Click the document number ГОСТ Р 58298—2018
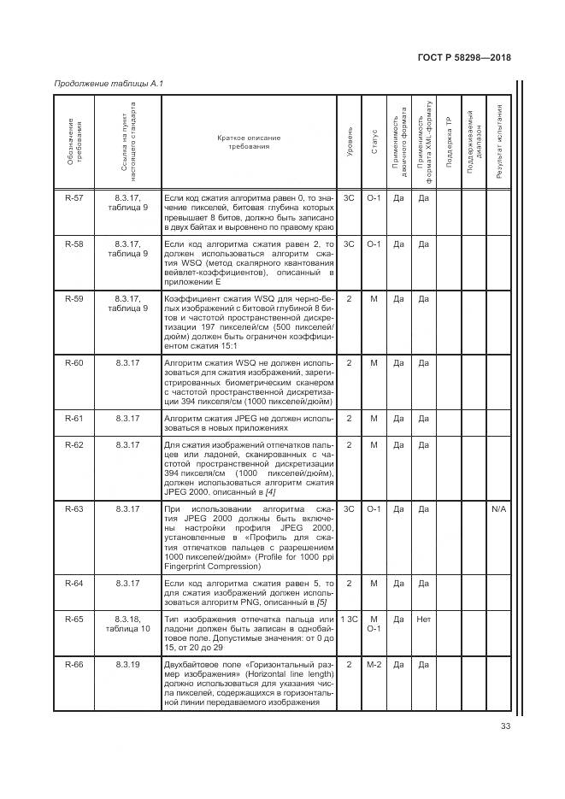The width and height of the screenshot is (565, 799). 464,58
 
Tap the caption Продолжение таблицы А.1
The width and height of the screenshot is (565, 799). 108,84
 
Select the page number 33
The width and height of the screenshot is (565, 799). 504,728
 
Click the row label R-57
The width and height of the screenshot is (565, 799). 74,197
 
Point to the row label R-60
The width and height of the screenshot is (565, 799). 74,363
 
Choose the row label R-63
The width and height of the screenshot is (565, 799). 74,509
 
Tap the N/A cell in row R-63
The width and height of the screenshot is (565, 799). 499,509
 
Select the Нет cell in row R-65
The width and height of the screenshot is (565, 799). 422,617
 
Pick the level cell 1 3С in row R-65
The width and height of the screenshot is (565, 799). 349,617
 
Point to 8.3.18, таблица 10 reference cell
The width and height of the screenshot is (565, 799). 127,622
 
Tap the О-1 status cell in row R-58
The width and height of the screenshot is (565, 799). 374,244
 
